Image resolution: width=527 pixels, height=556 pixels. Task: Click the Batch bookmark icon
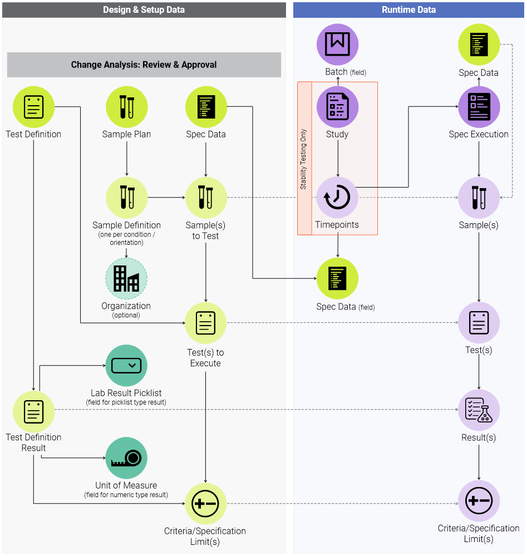click(337, 45)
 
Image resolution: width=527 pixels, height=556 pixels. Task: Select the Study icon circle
click(337, 107)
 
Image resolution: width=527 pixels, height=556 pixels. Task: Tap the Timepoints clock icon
click(337, 198)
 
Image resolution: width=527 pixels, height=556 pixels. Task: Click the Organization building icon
click(126, 278)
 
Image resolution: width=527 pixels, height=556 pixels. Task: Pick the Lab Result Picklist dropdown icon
click(126, 366)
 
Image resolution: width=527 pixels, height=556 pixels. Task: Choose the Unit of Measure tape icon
click(126, 458)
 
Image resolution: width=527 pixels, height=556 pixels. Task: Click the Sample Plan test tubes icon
click(126, 107)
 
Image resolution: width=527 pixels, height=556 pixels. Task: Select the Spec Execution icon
click(479, 107)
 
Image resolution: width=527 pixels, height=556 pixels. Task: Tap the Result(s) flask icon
click(479, 411)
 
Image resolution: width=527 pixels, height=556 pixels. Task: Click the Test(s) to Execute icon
click(206, 323)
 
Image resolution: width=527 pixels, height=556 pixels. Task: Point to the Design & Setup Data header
click(144, 10)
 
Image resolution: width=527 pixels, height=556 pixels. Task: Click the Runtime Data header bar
click(408, 10)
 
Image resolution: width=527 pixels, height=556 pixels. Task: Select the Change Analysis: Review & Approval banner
click(144, 65)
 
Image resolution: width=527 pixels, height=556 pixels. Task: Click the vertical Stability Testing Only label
click(304, 159)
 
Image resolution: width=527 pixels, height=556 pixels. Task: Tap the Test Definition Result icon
click(34, 412)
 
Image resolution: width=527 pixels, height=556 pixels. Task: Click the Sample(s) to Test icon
click(206, 198)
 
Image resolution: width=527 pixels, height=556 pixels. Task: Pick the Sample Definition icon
click(126, 198)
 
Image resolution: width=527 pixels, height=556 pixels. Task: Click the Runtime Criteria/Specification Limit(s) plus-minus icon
click(479, 501)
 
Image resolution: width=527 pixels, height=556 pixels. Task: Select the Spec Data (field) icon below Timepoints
click(337, 278)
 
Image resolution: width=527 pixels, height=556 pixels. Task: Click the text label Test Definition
click(33, 134)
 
